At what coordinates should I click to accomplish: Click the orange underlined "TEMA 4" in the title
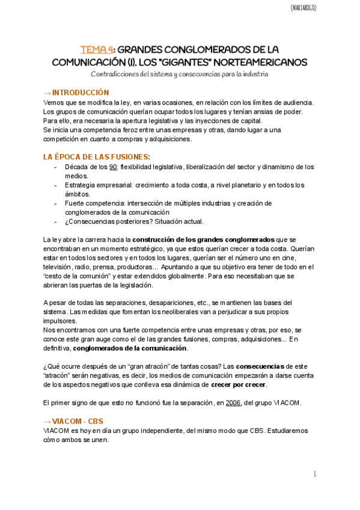96,49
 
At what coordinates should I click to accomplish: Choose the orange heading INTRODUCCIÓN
81,93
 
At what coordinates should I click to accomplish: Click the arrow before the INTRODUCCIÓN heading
47,93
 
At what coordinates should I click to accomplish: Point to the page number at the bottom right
315,475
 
